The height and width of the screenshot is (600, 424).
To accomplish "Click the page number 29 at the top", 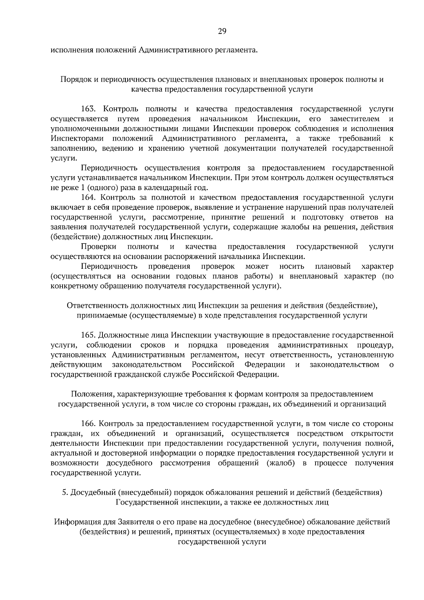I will [222, 31].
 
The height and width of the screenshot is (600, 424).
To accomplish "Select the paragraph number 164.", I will [88, 197].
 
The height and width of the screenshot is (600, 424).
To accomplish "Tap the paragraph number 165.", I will [88, 335].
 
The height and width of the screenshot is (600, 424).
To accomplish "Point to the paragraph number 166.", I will [88, 423].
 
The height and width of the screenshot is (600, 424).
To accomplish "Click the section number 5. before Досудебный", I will [65, 492].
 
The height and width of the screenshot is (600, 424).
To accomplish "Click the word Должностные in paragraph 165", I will [120, 335].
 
